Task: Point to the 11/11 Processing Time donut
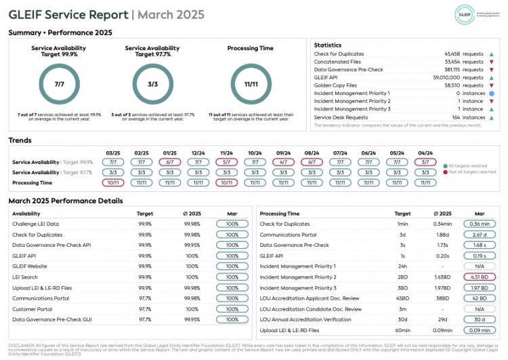[x=251, y=85]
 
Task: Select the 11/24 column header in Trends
[x=226, y=153]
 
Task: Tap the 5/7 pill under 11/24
[x=226, y=163]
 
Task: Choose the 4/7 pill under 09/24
[x=283, y=163]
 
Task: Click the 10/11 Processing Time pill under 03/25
[x=113, y=182]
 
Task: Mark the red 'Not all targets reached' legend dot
[x=445, y=173]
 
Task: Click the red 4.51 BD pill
[x=480, y=277]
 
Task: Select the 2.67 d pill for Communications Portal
[x=480, y=235]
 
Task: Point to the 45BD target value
[x=402, y=298]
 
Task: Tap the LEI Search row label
[x=25, y=277]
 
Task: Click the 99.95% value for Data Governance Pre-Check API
[x=192, y=245]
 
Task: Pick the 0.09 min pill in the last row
[x=480, y=330]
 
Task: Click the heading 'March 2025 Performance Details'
[x=66, y=201]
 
